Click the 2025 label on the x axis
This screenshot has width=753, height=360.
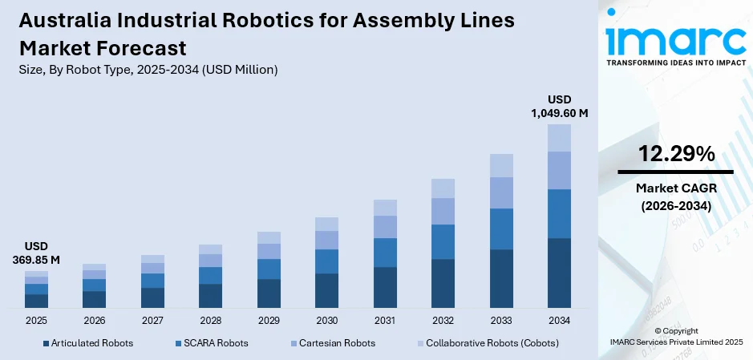[36, 320]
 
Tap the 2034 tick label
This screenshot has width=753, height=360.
[559, 320]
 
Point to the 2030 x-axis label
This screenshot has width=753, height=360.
[326, 320]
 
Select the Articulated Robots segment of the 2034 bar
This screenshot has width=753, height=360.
[559, 273]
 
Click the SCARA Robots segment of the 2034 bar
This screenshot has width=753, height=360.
[559, 213]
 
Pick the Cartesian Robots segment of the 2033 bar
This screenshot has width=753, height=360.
[501, 192]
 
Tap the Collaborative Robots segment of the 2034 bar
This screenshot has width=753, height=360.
[559, 138]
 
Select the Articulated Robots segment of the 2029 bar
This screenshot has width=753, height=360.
[269, 293]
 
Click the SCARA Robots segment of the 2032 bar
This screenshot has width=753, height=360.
[443, 241]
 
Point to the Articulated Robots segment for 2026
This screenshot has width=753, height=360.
[95, 299]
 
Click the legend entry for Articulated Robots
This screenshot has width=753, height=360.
[87, 343]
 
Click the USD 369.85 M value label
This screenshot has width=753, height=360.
[36, 253]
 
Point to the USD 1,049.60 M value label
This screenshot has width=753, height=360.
[559, 106]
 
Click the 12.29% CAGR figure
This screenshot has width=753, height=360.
[675, 154]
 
